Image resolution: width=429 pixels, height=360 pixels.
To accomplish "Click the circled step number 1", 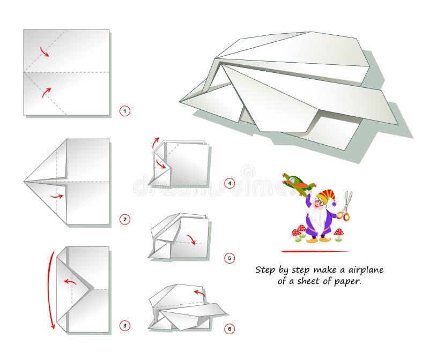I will (124, 111).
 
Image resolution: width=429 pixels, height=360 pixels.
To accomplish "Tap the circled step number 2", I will (124, 219).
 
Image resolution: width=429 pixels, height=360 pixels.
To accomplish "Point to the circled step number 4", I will (230, 184).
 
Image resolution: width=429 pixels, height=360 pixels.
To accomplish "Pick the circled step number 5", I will (230, 258).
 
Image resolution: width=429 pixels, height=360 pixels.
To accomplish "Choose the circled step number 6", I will (230, 329).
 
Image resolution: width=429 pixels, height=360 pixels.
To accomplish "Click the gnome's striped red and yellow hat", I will (324, 197).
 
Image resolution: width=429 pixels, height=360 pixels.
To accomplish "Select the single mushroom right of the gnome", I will (338, 234).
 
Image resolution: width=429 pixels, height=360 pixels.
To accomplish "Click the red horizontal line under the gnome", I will (315, 251).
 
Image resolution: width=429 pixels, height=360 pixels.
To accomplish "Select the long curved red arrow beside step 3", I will (50, 289).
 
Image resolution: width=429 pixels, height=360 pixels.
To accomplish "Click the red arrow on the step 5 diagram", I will (191, 239).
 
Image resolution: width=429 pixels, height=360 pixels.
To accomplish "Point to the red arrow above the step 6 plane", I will (199, 292).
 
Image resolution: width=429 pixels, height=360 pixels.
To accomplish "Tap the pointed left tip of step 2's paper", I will (25, 182).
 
